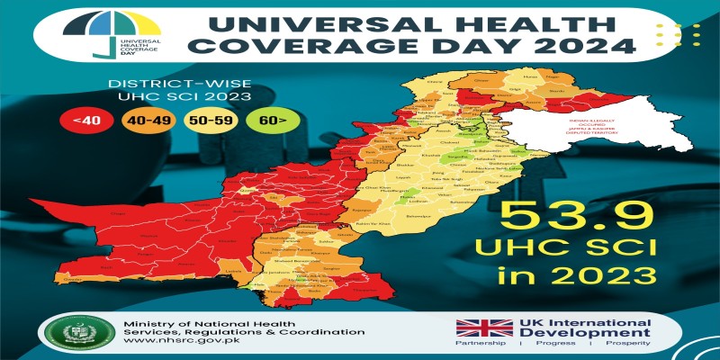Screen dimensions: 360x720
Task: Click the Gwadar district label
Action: pyautogui.click(x=74, y=280)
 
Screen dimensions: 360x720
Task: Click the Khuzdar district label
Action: pyautogui.click(x=214, y=241)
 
